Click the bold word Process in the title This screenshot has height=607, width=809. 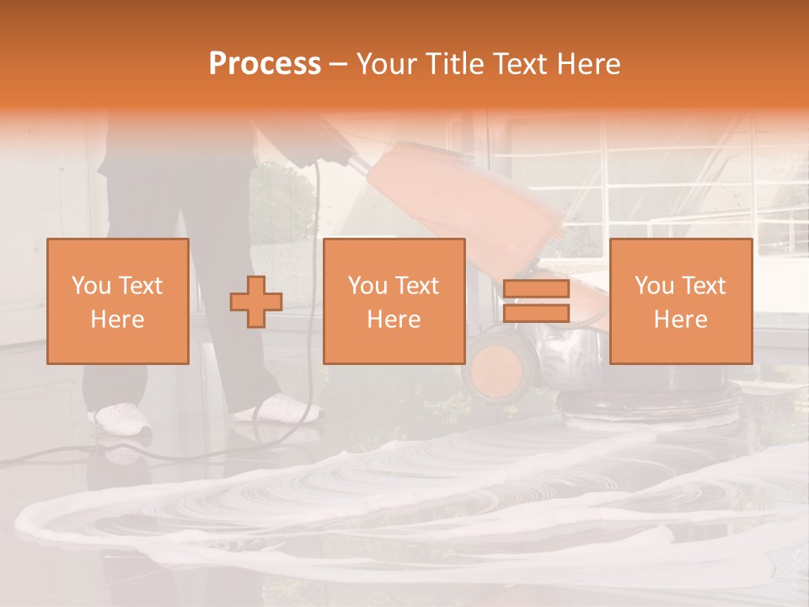[265, 64]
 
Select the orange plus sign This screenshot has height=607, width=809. [256, 301]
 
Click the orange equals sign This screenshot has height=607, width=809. [536, 301]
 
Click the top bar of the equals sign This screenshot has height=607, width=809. [536, 289]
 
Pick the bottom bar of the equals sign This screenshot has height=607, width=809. [536, 314]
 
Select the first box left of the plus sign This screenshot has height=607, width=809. [118, 301]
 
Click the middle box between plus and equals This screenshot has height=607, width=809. [394, 301]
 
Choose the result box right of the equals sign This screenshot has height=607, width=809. [680, 301]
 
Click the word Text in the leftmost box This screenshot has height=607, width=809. [141, 286]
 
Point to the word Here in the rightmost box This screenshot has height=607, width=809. [680, 320]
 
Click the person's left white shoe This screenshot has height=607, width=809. [121, 417]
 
